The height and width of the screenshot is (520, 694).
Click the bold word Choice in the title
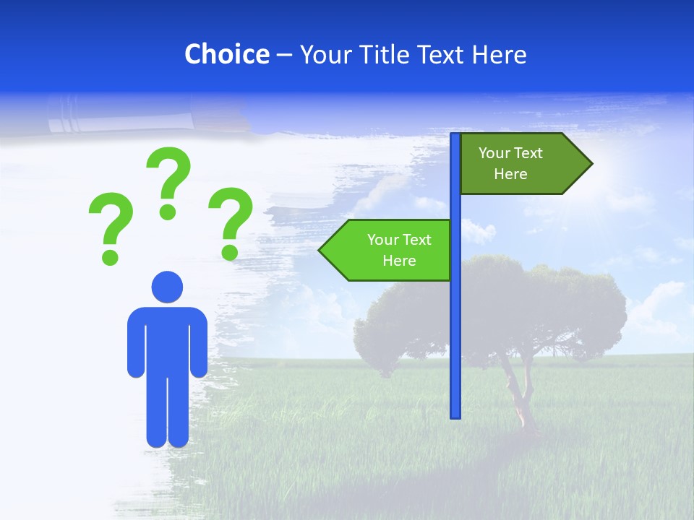226,55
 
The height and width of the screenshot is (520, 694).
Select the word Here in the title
499,55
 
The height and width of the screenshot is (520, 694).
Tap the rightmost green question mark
231,223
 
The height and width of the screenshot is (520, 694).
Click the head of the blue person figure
167,287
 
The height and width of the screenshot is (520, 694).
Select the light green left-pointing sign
390,250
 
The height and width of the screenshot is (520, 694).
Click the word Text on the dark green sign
528,153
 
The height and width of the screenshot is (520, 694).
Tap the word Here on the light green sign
399,261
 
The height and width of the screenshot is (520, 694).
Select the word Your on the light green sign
382,240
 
